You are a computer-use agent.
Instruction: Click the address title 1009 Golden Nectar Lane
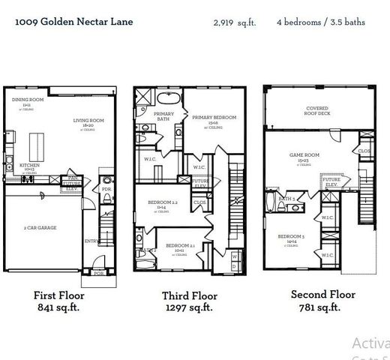coord(73,22)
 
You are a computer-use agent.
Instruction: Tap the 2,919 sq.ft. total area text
coord(234,22)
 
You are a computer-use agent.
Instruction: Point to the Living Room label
coord(88,122)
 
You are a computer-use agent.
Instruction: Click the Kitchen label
coord(29,166)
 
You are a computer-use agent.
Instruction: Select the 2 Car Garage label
coord(40,227)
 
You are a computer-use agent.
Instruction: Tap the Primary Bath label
coord(164,116)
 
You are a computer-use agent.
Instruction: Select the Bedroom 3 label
coord(292,238)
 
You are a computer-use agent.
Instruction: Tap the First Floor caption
coord(58,295)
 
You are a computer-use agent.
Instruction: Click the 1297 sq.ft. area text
coord(189,307)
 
